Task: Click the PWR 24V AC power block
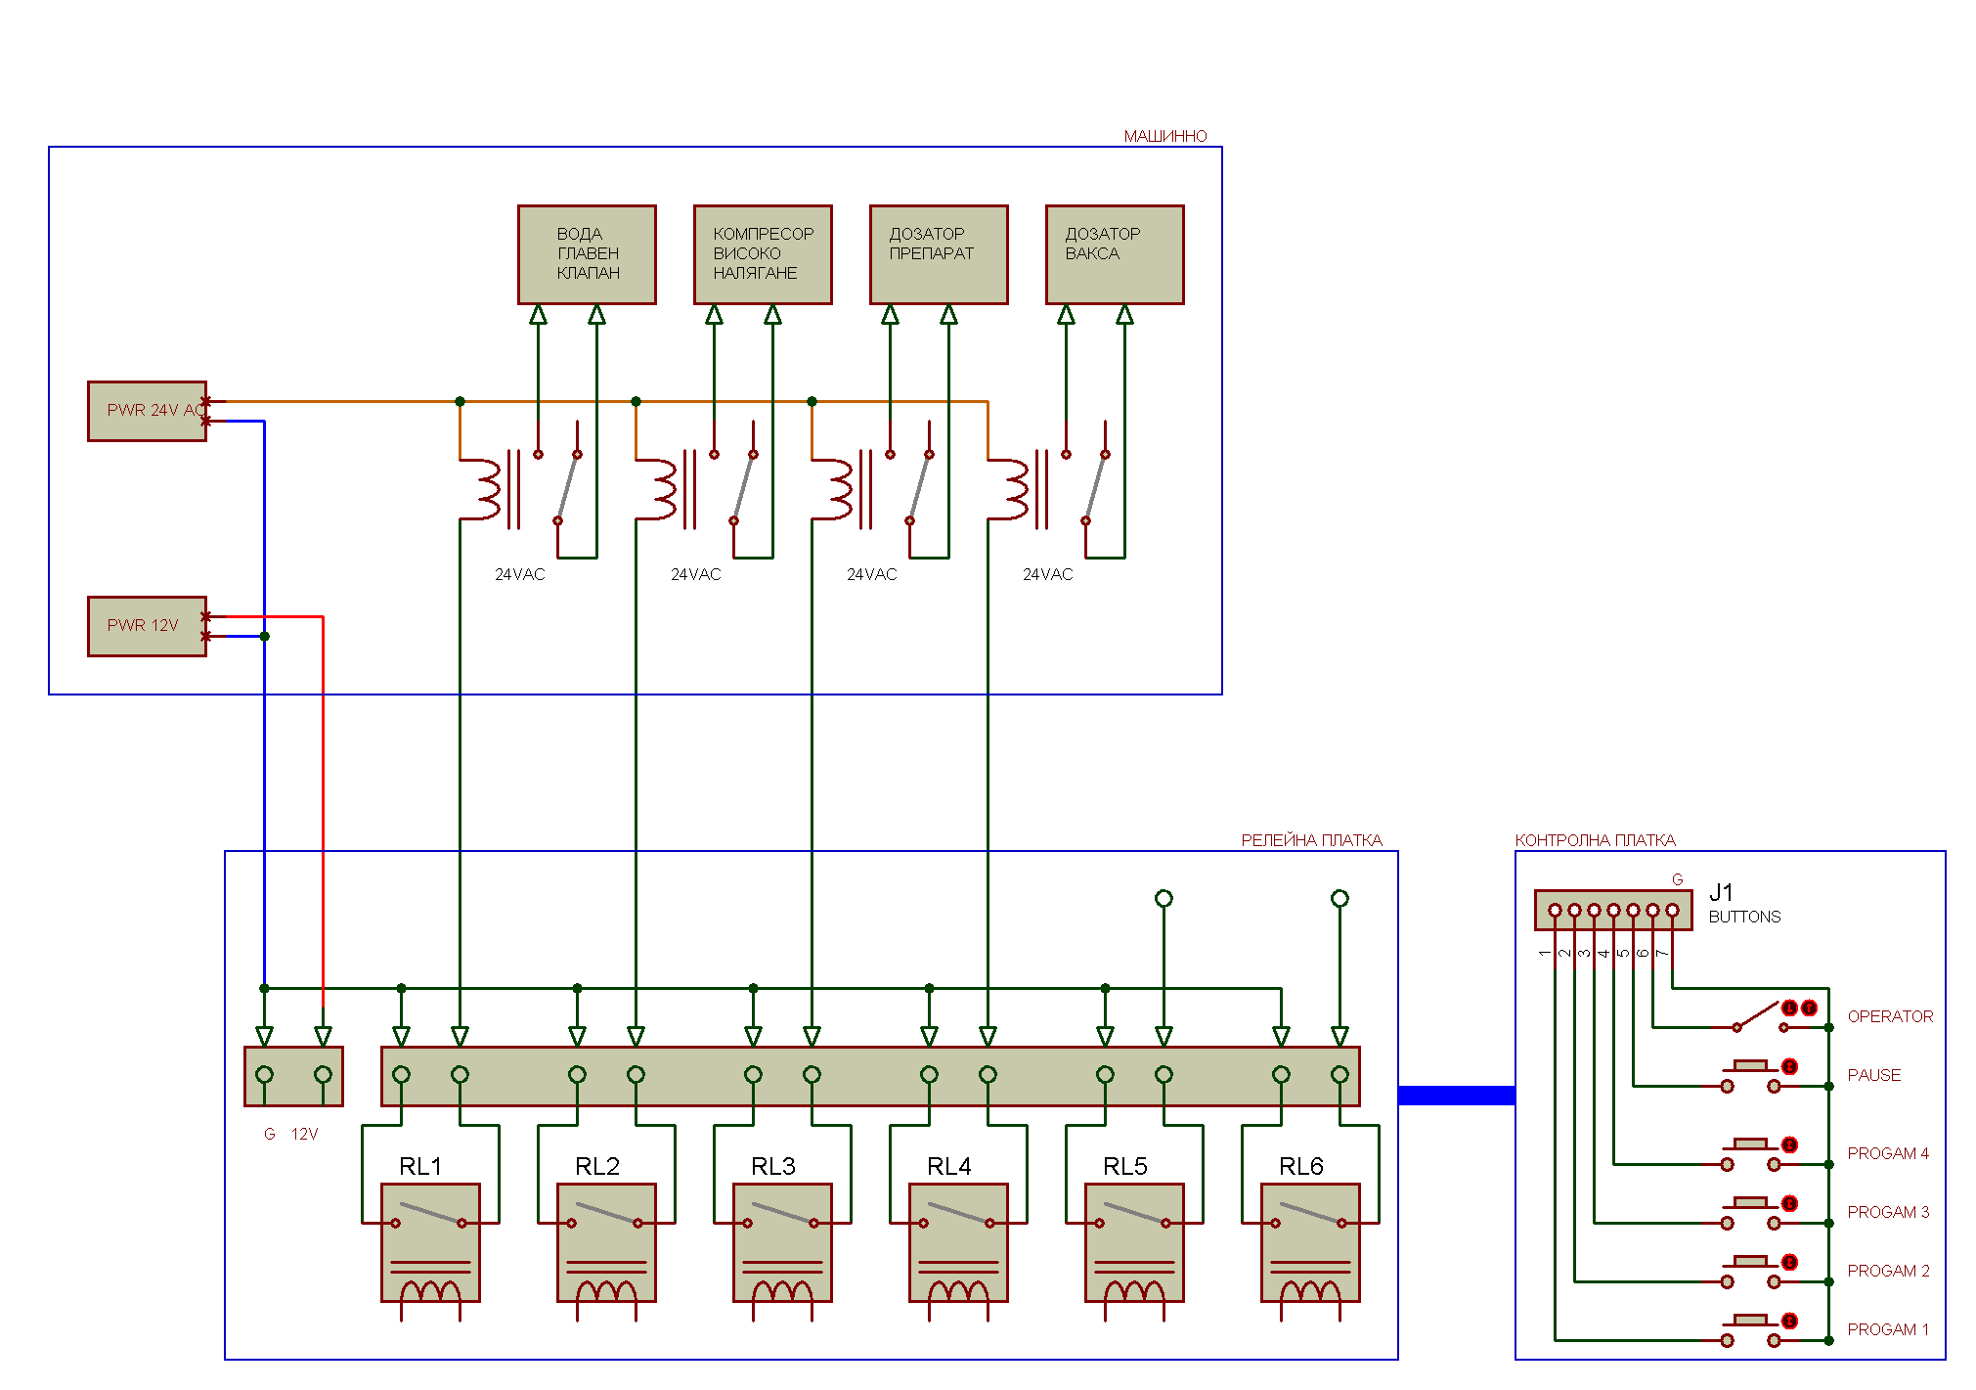(x=147, y=411)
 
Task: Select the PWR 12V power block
(x=147, y=626)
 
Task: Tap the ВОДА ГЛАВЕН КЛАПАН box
(x=587, y=254)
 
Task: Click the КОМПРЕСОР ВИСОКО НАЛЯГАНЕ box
(x=763, y=254)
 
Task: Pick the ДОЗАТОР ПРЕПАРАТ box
(x=939, y=254)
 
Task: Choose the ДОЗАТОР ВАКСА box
(x=1115, y=254)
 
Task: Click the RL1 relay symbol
(x=430, y=1242)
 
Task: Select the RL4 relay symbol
(x=958, y=1242)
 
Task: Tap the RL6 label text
(x=1300, y=1166)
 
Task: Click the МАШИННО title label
(x=1164, y=136)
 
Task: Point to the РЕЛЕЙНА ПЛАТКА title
(x=1311, y=840)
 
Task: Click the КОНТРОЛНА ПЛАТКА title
(x=1595, y=840)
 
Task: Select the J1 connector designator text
(x=1721, y=892)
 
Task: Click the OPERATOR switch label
(x=1890, y=1016)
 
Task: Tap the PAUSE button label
(x=1873, y=1075)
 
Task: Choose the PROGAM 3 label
(x=1888, y=1212)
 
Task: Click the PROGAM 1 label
(x=1888, y=1329)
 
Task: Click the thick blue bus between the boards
(x=1457, y=1095)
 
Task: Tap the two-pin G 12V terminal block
(x=293, y=1076)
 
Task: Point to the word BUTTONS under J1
(x=1744, y=917)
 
